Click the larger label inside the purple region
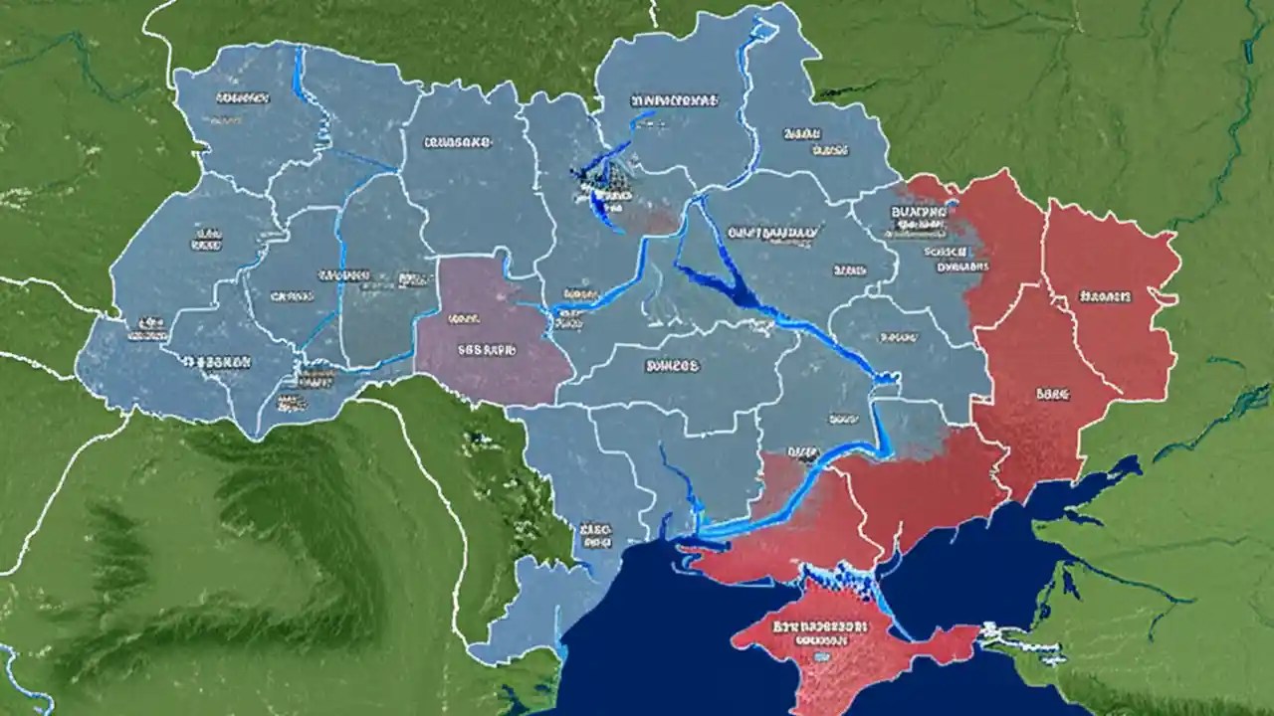coord(487,350)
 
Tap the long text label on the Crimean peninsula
coord(815,628)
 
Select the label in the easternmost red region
coord(1105,296)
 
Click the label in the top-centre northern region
coord(674,100)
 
